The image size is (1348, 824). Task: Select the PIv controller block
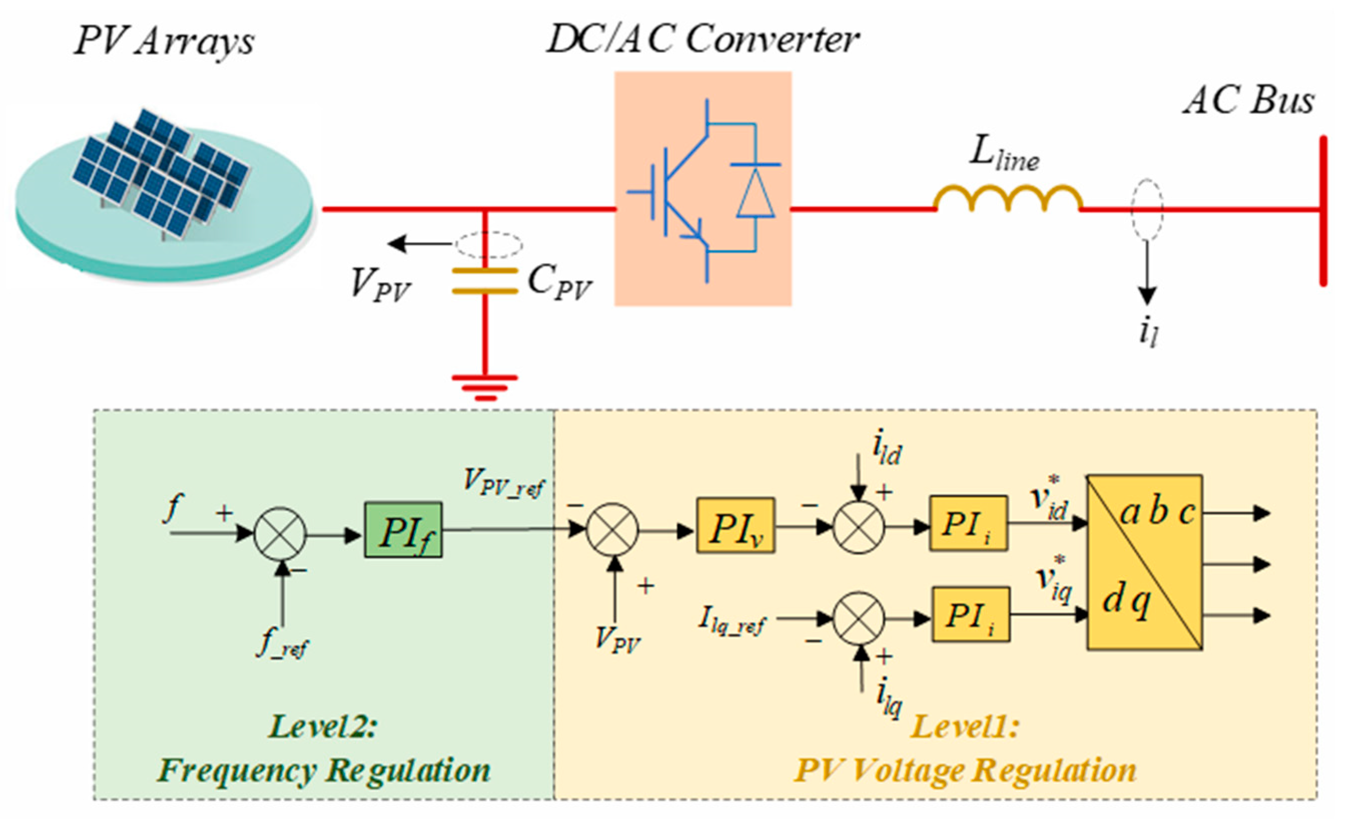pyautogui.click(x=735, y=526)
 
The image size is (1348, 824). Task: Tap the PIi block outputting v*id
pyautogui.click(x=969, y=524)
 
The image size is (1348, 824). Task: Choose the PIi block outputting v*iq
pyautogui.click(x=971, y=614)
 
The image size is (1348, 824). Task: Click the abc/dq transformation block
pyautogui.click(x=1144, y=563)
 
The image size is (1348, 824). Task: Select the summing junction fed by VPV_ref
pyautogui.click(x=612, y=529)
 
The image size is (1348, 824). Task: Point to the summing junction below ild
pyautogui.click(x=858, y=528)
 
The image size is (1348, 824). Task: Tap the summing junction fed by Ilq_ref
pyautogui.click(x=858, y=618)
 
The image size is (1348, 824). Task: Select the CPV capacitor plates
pyautogui.click(x=485, y=281)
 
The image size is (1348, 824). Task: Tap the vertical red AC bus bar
pyautogui.click(x=1323, y=211)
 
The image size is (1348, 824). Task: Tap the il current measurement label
pyautogui.click(x=1148, y=333)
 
